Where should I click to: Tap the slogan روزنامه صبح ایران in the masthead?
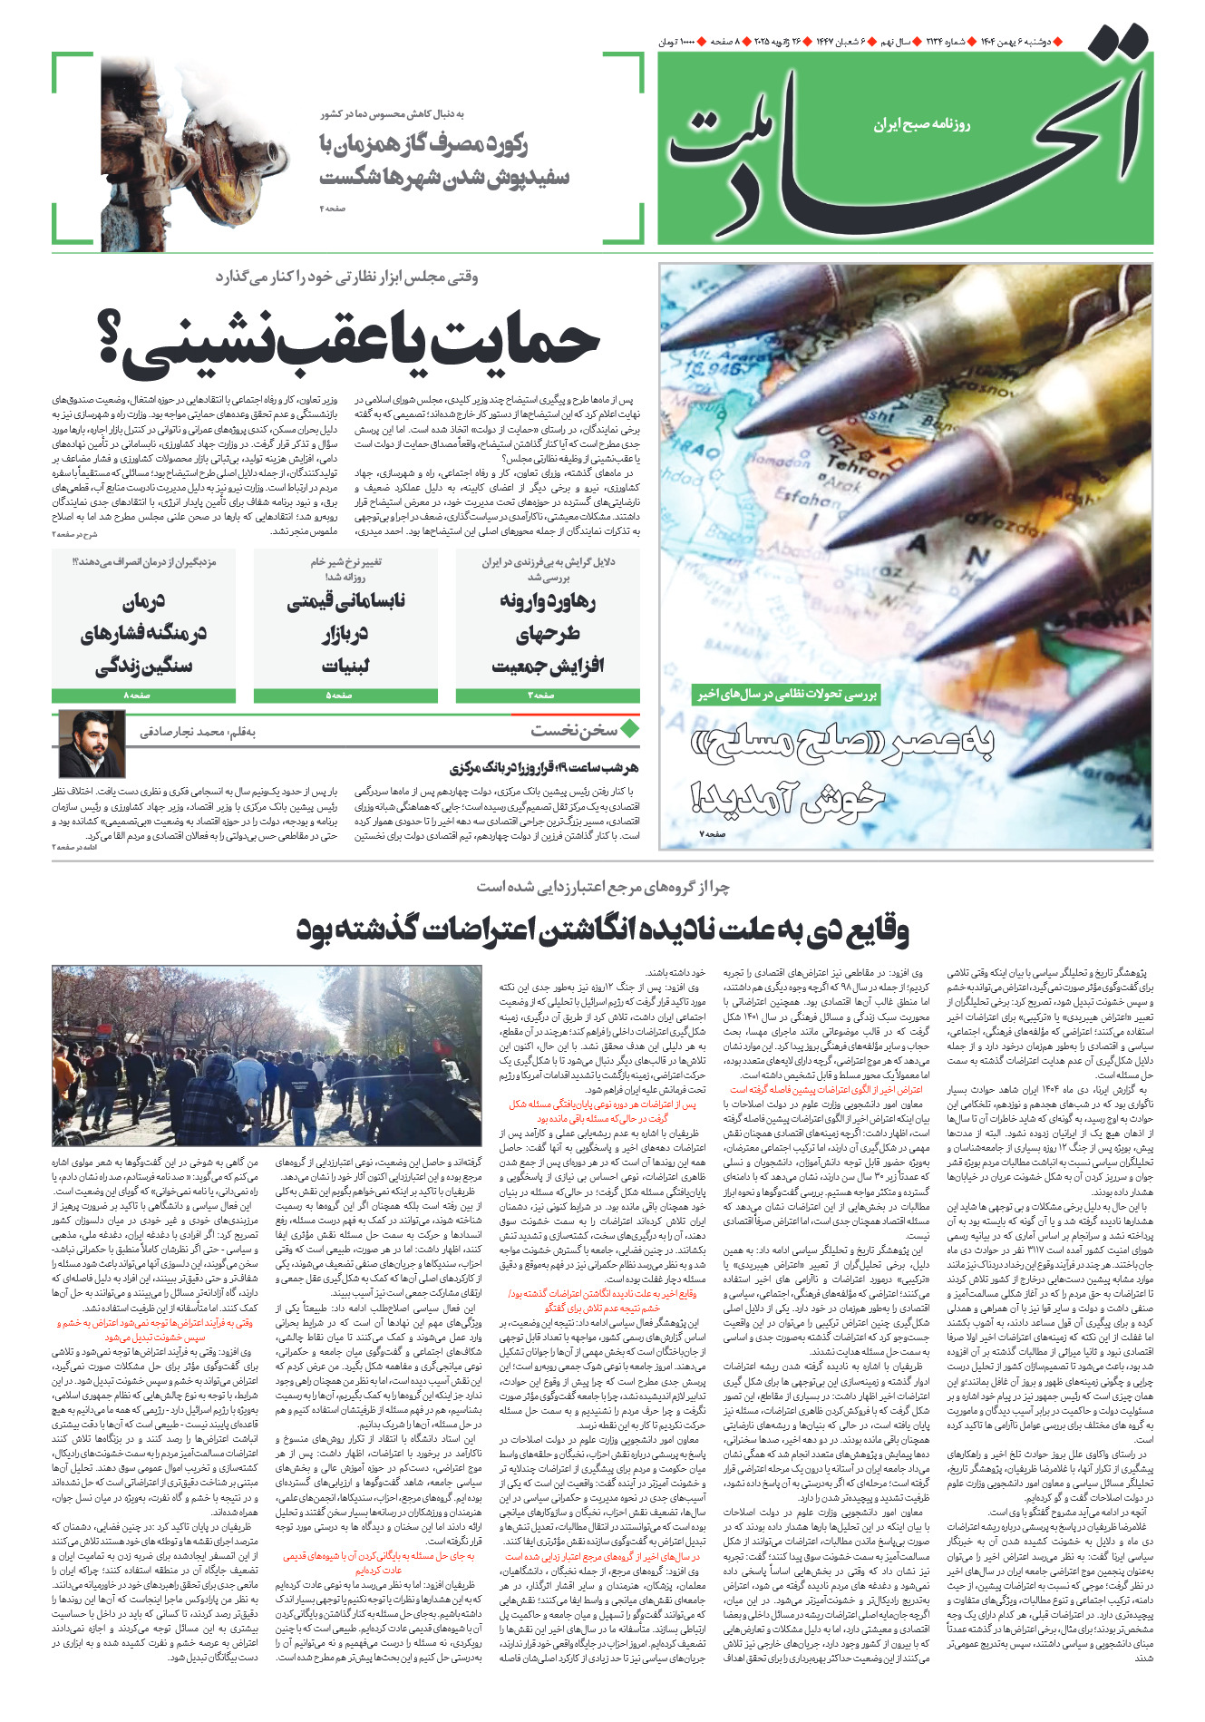(x=922, y=124)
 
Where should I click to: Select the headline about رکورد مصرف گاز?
(x=443, y=160)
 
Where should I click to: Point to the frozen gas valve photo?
(x=194, y=149)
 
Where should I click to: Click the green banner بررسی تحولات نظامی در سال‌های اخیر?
(x=785, y=695)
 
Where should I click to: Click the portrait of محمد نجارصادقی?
(x=92, y=744)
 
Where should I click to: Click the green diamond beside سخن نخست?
(x=629, y=728)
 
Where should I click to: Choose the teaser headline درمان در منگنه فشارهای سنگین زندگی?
(x=144, y=633)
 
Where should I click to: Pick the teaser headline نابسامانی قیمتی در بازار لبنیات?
(x=345, y=633)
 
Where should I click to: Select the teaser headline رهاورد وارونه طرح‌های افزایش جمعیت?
(x=548, y=633)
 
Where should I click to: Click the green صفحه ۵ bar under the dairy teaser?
(x=345, y=696)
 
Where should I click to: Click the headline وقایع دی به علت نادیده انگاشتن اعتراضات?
(x=602, y=930)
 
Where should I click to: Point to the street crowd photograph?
(x=267, y=1055)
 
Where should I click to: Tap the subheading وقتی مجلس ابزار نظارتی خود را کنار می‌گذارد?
(x=346, y=277)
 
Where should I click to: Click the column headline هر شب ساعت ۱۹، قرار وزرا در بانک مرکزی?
(x=544, y=768)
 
